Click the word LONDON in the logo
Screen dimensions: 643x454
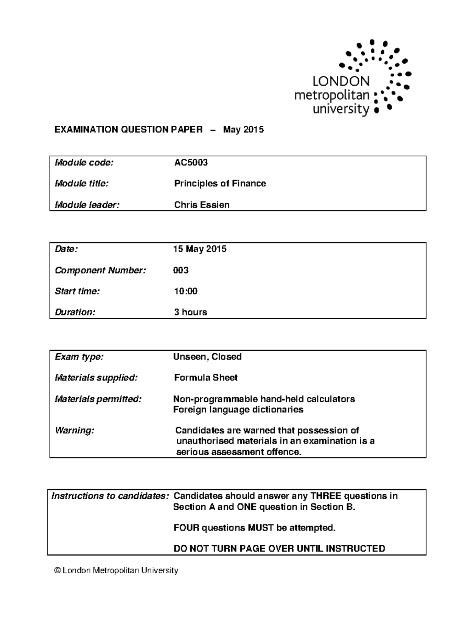tap(341, 81)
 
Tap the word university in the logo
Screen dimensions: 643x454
tap(340, 109)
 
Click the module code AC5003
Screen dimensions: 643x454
tap(191, 163)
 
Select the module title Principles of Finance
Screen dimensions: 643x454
tap(220, 184)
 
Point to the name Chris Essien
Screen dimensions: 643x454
tap(202, 205)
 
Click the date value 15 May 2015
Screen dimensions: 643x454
tap(200, 249)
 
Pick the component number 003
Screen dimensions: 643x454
tap(181, 270)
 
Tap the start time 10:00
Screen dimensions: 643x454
tap(185, 291)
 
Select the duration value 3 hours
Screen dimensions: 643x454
tap(190, 312)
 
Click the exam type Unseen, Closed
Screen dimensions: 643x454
tap(207, 357)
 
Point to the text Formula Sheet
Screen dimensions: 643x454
tap(206, 378)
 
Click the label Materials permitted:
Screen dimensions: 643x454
tap(98, 399)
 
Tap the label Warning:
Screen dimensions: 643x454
tap(74, 431)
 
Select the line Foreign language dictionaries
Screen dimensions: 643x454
tap(238, 410)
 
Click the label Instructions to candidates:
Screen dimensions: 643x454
tap(110, 496)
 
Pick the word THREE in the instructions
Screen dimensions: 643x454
tap(326, 496)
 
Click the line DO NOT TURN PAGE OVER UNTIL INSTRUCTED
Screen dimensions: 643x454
tap(279, 549)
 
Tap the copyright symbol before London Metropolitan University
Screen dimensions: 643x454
tap(58, 571)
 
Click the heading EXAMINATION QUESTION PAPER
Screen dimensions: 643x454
tap(128, 130)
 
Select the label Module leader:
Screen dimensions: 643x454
tap(87, 205)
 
